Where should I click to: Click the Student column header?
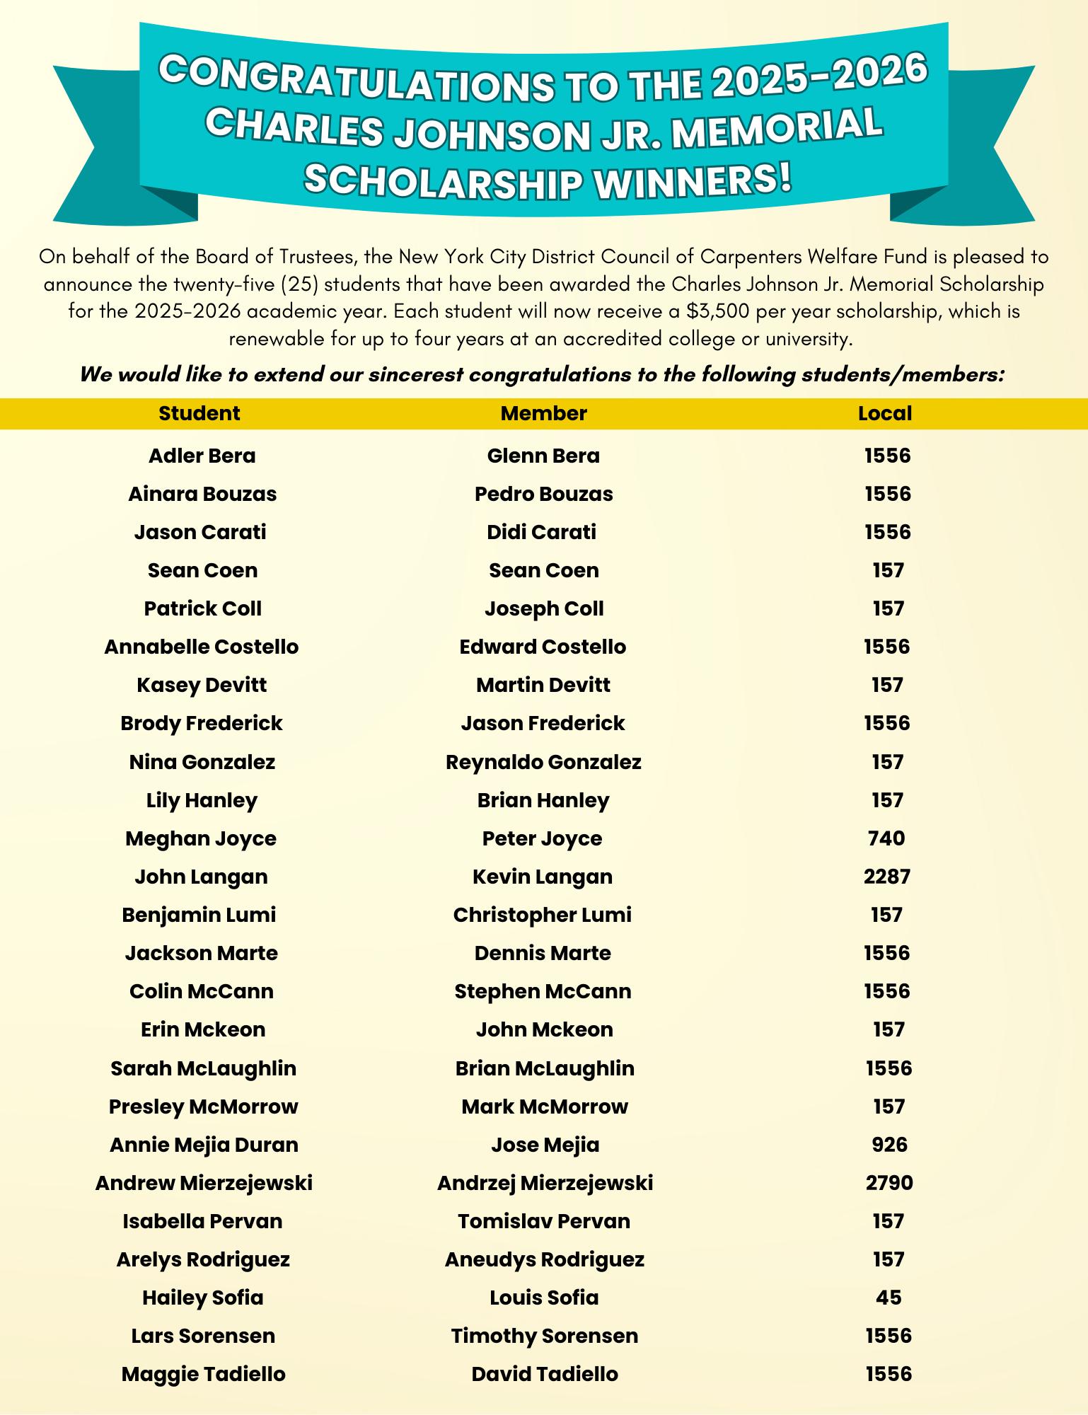[199, 413]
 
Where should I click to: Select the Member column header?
[543, 413]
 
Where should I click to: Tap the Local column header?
[885, 413]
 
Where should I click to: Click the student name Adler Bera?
[202, 456]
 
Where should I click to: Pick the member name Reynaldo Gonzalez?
[543, 762]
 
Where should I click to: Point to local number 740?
[886, 838]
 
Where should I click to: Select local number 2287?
[887, 877]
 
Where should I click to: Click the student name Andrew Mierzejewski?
[204, 1183]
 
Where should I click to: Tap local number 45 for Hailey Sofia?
[889, 1298]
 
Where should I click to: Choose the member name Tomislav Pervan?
[543, 1221]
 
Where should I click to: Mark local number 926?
[889, 1145]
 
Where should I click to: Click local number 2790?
[889, 1183]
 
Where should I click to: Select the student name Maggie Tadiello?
[204, 1374]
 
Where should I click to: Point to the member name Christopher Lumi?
[542, 915]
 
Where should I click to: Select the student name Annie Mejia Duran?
[204, 1145]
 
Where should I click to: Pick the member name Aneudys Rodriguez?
[544, 1259]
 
